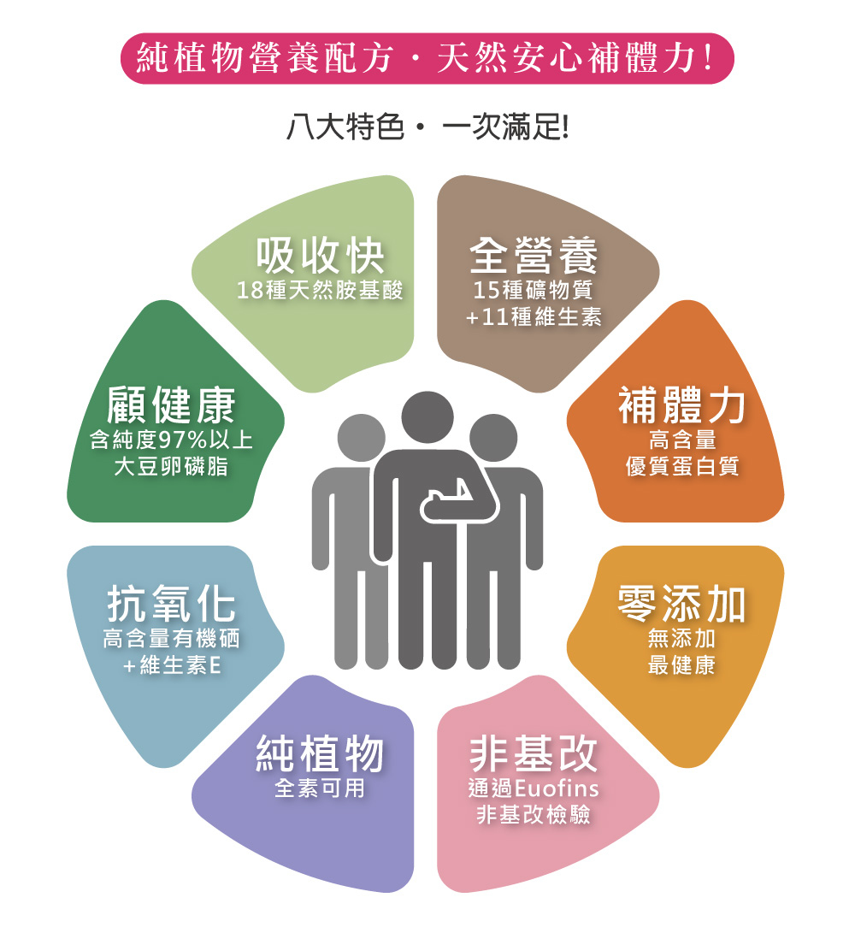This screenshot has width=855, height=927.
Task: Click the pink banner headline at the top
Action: [427, 58]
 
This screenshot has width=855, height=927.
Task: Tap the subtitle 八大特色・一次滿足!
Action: [427, 129]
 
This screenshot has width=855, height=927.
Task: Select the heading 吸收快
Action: [320, 255]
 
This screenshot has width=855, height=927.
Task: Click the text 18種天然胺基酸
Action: [320, 291]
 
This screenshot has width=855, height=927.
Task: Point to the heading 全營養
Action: [534, 255]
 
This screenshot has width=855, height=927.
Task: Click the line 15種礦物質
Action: [534, 291]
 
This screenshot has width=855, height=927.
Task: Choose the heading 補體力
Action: [681, 406]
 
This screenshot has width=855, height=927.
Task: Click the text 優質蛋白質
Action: [681, 467]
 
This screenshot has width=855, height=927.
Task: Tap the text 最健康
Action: [681, 665]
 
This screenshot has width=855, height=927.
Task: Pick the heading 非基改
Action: [534, 753]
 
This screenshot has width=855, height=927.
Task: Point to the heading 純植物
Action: [320, 753]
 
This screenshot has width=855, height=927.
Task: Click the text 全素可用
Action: [320, 788]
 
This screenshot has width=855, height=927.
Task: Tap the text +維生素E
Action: [171, 665]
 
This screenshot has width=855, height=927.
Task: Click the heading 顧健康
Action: [171, 406]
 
